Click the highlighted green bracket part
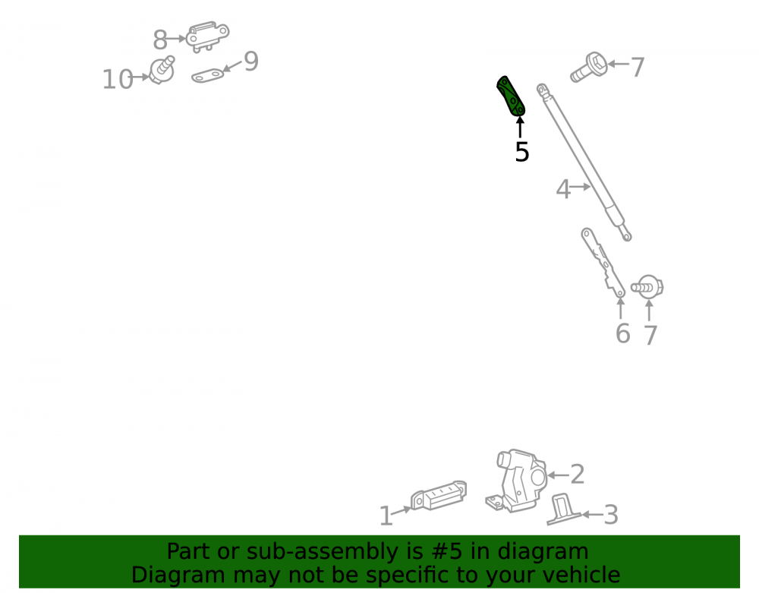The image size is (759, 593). click(x=511, y=96)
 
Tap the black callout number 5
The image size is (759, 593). click(x=522, y=152)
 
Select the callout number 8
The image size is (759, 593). click(x=160, y=40)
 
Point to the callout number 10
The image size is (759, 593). click(x=118, y=80)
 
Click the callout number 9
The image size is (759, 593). click(x=251, y=62)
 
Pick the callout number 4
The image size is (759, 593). click(x=563, y=189)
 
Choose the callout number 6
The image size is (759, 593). click(x=623, y=333)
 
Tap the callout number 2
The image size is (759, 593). click(x=578, y=474)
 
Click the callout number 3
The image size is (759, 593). click(x=611, y=515)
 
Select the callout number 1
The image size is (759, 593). click(x=386, y=516)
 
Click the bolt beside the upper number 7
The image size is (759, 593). click(x=589, y=68)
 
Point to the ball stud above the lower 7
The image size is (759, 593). click(x=647, y=287)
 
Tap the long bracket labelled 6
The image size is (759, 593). click(x=603, y=263)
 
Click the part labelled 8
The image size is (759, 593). click(x=208, y=36)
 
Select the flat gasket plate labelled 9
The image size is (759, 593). click(x=208, y=76)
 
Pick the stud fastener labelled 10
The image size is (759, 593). click(x=162, y=70)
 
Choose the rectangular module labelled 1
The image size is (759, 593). click(x=439, y=496)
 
